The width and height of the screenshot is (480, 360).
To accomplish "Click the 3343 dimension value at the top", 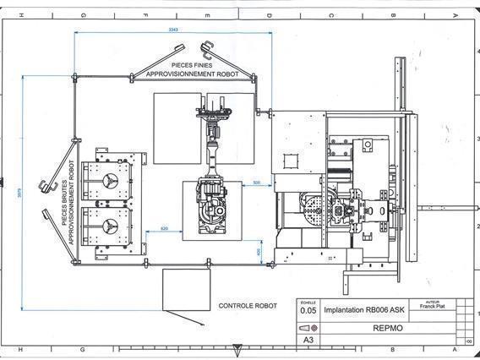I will (172, 30).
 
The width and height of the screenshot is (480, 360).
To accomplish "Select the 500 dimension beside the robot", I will (257, 182).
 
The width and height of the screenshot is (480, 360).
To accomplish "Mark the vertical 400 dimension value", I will (259, 251).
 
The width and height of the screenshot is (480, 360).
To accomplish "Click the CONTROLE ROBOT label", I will (248, 305).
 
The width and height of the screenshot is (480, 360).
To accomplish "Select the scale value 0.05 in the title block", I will (308, 310).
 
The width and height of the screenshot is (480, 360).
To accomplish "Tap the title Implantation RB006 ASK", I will (363, 310).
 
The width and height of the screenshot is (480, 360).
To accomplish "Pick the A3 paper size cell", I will (308, 341).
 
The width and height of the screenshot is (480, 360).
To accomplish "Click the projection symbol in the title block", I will (308, 327).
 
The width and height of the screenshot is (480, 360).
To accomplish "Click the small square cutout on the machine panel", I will (290, 160).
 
